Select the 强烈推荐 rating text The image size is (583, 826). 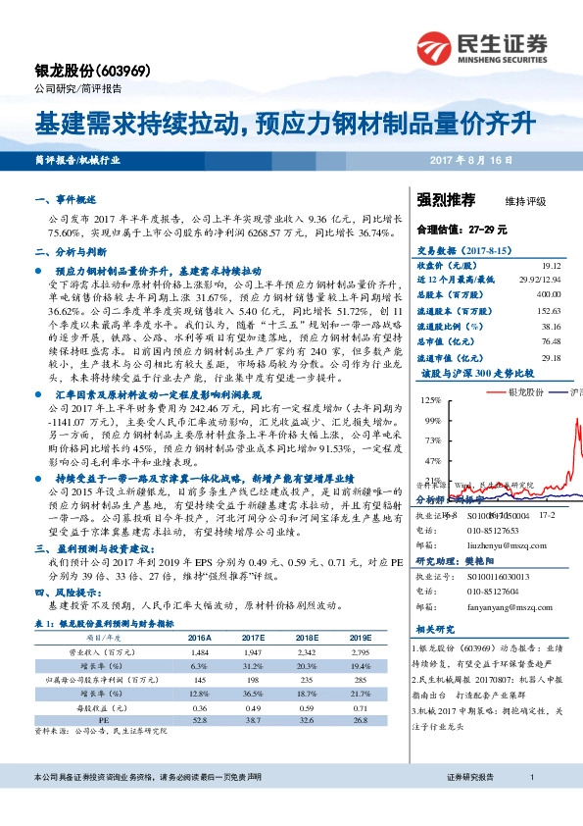coord(446,200)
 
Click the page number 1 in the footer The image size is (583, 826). coord(530,804)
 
